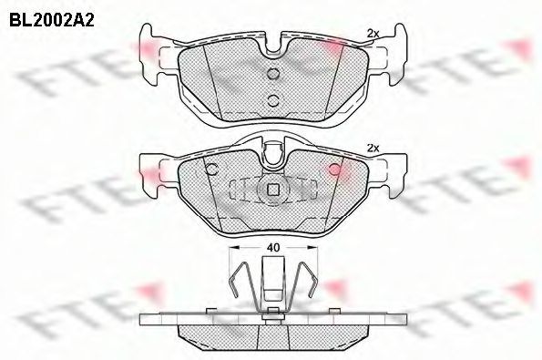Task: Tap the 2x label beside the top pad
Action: coord(372,34)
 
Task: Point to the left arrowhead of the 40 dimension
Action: coord(232,246)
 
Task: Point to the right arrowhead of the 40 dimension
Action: coord(312,246)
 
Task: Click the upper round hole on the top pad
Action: coord(271,75)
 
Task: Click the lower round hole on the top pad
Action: coord(271,100)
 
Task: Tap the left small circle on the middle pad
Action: coord(210,169)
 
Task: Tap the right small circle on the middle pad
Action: coord(333,169)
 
